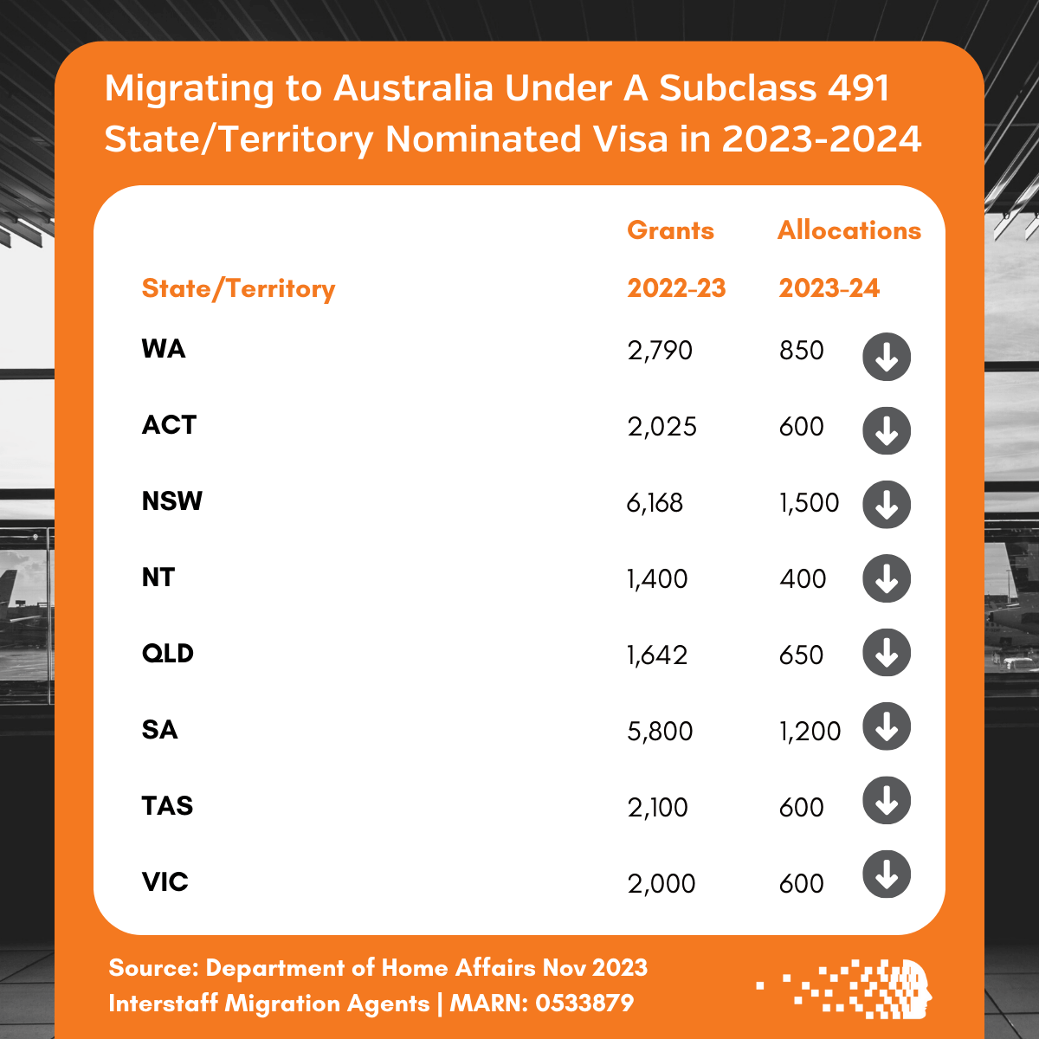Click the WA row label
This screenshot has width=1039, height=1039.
tap(164, 349)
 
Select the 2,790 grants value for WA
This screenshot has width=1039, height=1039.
tap(660, 351)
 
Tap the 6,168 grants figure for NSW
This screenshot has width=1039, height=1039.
tap(655, 503)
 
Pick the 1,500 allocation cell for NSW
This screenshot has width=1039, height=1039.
tap(810, 503)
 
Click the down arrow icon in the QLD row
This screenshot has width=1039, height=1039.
tap(887, 653)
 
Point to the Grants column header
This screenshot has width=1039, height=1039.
tap(671, 230)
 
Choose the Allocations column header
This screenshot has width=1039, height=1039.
tap(849, 230)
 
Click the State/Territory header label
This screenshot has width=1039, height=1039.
tap(238, 288)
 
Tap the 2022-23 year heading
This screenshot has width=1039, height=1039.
tap(676, 288)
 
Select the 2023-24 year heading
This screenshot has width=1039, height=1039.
tap(829, 288)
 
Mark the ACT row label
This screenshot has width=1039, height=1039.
tap(170, 425)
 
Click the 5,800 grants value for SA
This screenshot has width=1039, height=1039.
tap(660, 732)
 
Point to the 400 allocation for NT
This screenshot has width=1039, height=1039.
tap(803, 579)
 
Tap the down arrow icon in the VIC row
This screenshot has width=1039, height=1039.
tap(887, 874)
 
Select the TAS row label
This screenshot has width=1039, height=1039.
tap(168, 806)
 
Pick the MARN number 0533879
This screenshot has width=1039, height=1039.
tap(584, 1004)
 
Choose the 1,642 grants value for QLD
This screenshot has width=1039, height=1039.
tap(657, 655)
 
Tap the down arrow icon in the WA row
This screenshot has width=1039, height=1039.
tap(887, 357)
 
